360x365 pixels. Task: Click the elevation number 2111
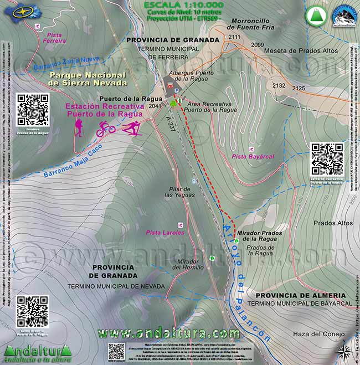coord(234,37)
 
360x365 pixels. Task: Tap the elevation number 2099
coord(258,44)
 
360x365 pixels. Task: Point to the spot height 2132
coord(279,86)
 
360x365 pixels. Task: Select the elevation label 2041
coord(156,106)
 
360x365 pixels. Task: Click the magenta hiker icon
coord(79,128)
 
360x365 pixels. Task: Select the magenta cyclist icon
coord(105,129)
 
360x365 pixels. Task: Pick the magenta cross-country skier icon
coord(131,128)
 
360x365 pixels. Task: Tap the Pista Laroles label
coord(164,233)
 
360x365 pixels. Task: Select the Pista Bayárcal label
coord(253,157)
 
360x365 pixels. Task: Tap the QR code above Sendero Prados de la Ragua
coord(33,110)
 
